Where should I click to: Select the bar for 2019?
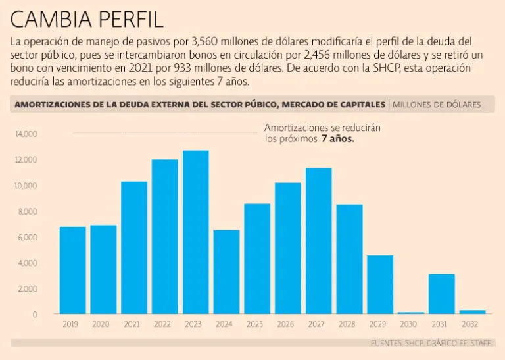(x=72, y=270)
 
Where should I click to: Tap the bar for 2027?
(x=318, y=241)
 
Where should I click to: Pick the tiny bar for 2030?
(x=411, y=313)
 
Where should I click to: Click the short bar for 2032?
(x=472, y=312)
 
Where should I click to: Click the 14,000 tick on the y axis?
(x=26, y=134)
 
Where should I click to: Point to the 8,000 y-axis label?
(x=28, y=211)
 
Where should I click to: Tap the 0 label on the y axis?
(x=35, y=315)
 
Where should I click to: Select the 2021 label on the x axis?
(x=132, y=324)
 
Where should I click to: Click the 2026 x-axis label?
(x=285, y=324)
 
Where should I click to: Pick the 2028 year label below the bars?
(x=347, y=324)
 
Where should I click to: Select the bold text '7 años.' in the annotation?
(x=338, y=140)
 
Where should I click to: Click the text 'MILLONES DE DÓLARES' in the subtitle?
(x=437, y=105)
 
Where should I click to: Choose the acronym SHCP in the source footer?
(x=412, y=343)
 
